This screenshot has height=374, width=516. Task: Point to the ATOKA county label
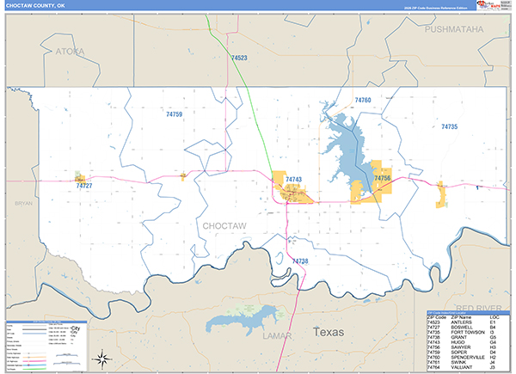71,52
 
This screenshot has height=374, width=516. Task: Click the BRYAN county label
23,204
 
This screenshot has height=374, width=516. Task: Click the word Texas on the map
328,331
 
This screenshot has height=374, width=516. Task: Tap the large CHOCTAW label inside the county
225,225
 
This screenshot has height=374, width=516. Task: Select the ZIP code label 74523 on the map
239,58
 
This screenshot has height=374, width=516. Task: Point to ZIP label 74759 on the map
174,113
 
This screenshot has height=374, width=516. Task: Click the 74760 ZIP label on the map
362,101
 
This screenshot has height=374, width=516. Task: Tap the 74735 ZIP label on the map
449,126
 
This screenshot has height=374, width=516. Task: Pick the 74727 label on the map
83,185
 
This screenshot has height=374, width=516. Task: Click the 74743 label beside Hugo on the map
294,179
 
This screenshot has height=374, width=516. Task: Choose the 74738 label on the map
299,261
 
